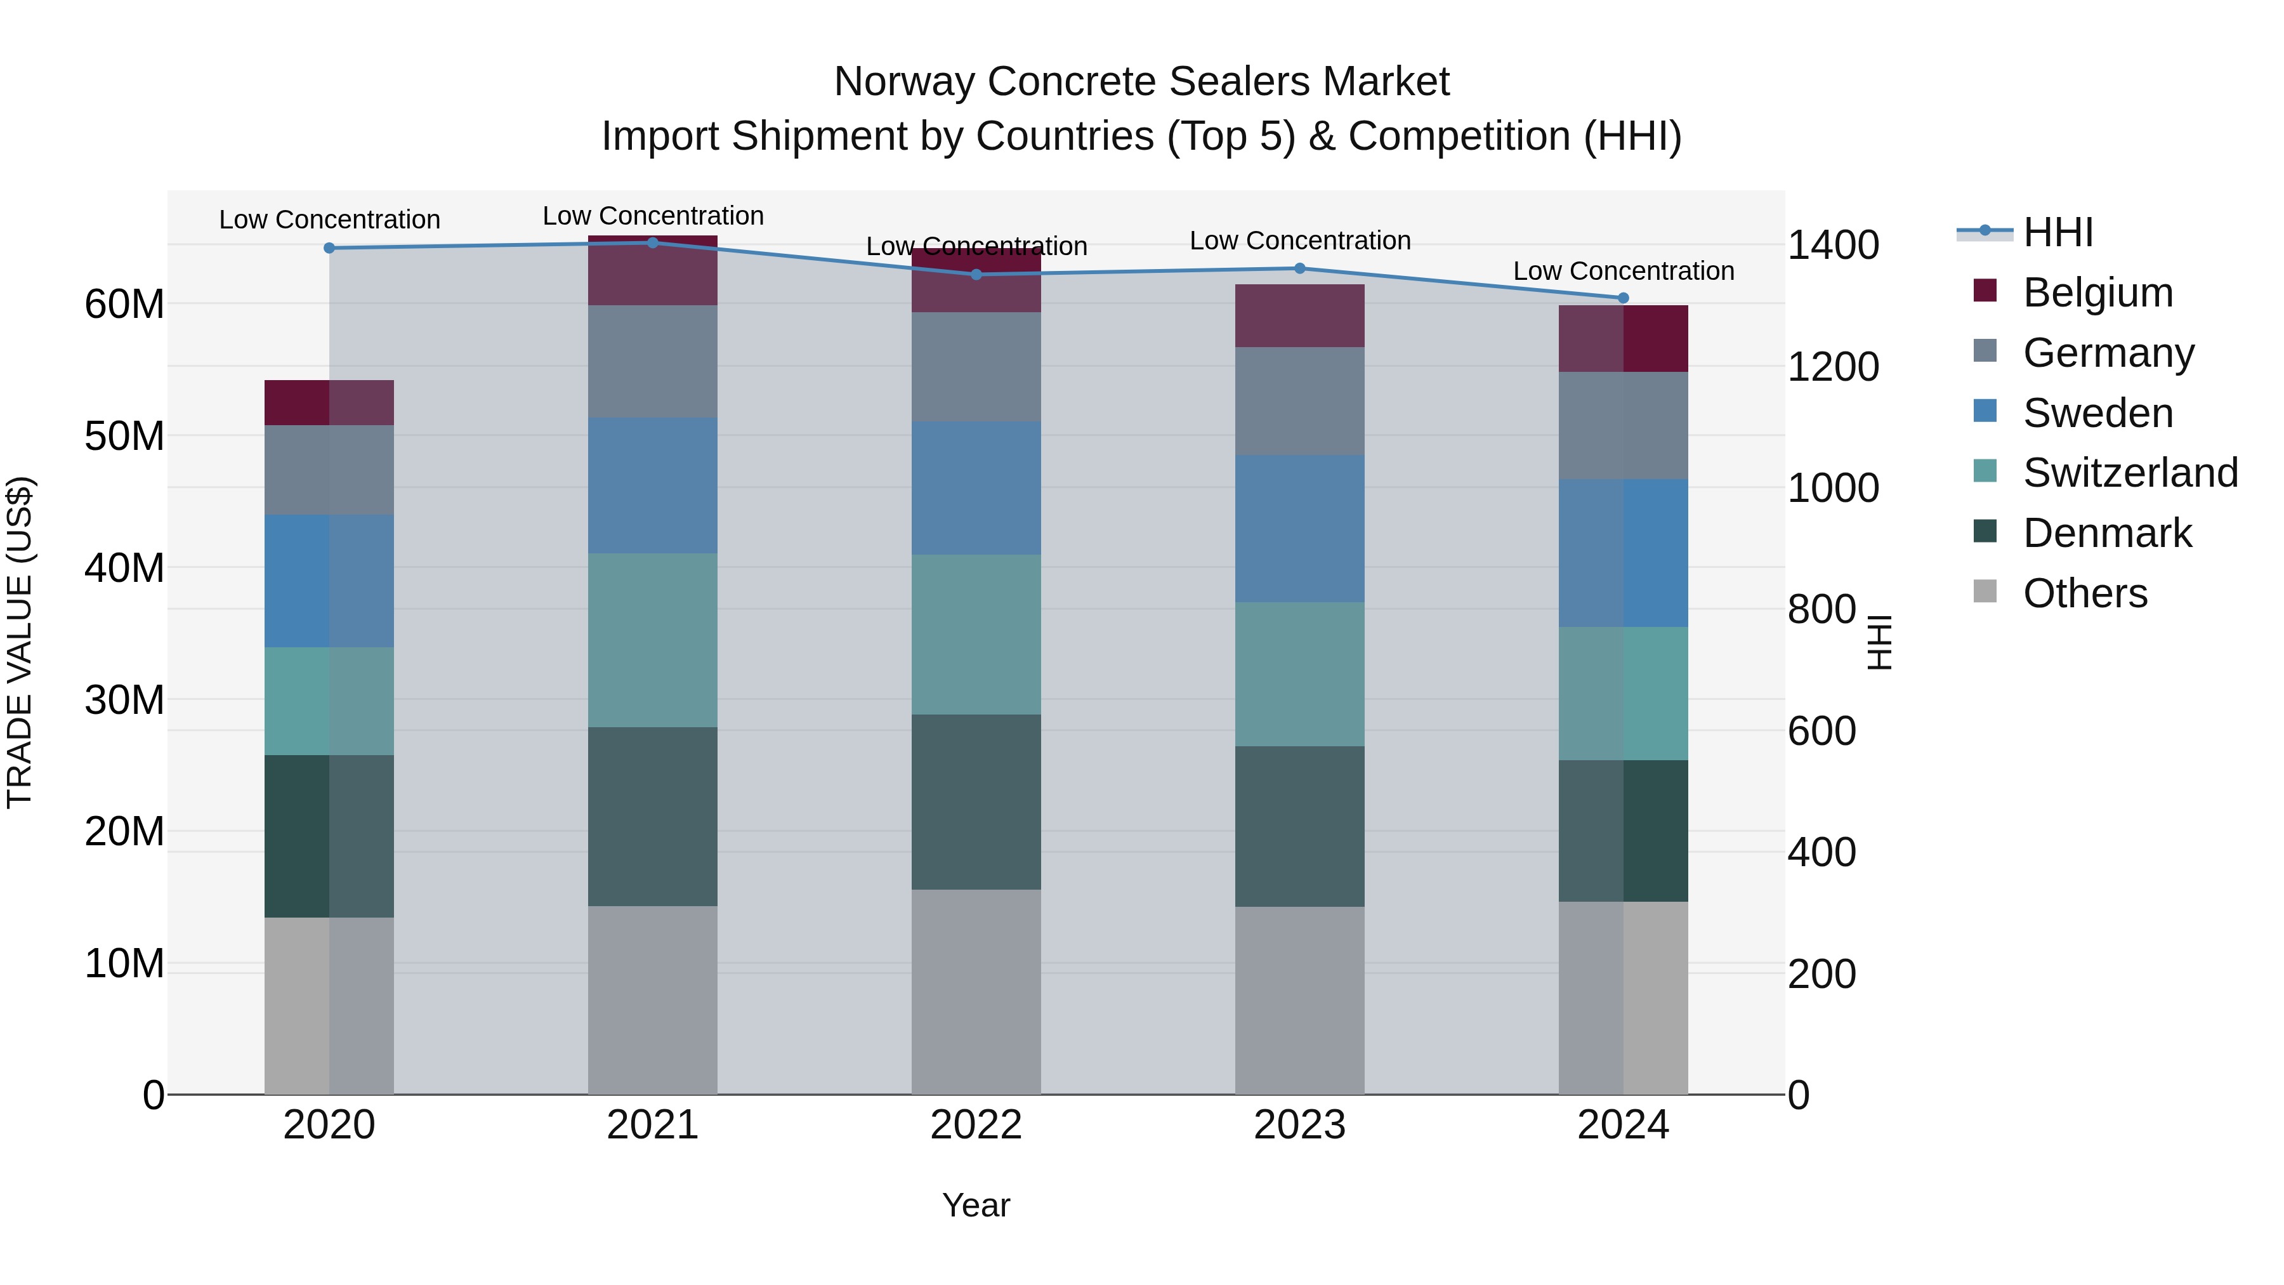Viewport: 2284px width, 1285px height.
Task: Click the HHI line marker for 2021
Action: [x=653, y=242]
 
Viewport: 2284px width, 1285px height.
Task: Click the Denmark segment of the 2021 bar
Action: [x=653, y=816]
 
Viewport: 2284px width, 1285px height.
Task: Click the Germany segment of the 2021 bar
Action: [x=653, y=361]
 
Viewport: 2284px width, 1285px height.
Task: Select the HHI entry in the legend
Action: [x=2057, y=232]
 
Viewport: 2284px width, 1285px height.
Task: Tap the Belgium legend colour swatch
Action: [x=1985, y=291]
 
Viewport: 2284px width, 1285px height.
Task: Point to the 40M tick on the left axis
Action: [x=124, y=567]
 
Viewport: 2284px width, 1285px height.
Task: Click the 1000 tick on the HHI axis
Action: [x=1832, y=488]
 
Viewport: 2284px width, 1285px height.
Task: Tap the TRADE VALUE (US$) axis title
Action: [x=20, y=642]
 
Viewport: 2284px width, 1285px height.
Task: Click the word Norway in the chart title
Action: [x=905, y=82]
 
